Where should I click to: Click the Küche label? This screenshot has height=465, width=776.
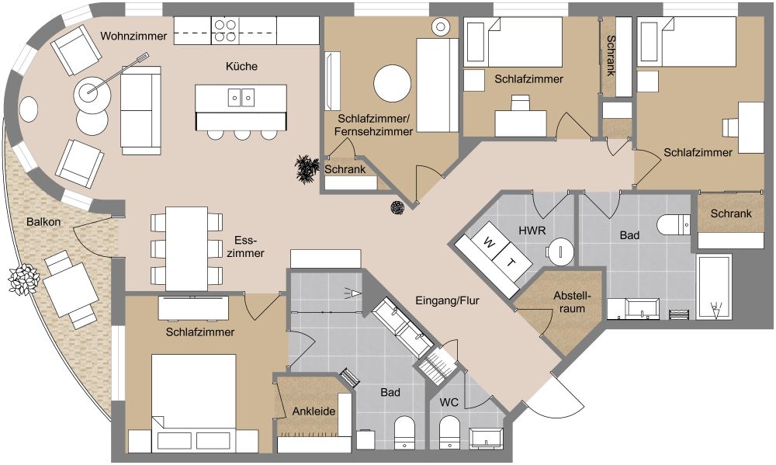(x=241, y=67)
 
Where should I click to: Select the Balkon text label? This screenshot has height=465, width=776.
(x=43, y=222)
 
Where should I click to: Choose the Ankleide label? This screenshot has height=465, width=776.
(x=314, y=411)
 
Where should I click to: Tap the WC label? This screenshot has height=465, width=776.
(x=449, y=403)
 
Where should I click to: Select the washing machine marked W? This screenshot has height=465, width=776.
(x=488, y=243)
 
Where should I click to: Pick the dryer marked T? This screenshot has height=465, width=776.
(x=511, y=262)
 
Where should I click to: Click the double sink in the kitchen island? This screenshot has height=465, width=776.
(x=241, y=97)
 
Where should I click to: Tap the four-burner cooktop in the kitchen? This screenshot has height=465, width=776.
(x=226, y=30)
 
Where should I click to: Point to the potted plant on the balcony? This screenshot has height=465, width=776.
(x=23, y=277)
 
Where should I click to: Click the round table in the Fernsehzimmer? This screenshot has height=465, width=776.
(x=393, y=84)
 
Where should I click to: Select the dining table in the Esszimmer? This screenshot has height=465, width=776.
(x=186, y=248)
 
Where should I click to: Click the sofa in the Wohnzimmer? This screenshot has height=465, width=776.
(x=140, y=109)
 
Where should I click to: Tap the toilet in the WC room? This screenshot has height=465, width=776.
(x=449, y=431)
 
